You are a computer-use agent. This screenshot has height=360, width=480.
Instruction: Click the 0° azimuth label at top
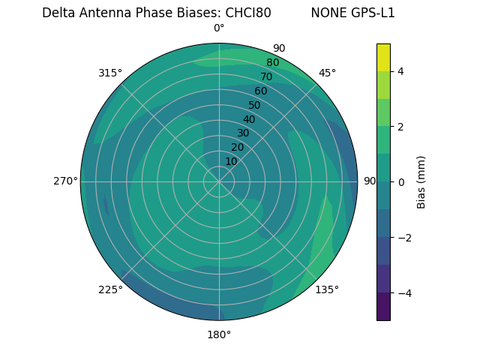[219, 28]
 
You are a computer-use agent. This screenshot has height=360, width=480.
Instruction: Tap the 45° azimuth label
[327, 73]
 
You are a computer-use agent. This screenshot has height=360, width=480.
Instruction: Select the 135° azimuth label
[327, 289]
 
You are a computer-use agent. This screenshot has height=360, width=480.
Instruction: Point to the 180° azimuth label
[219, 334]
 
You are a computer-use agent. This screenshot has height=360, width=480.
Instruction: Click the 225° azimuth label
[110, 289]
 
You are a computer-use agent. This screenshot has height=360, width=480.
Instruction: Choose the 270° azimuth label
[65, 181]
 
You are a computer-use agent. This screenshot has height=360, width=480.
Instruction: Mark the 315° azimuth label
[110, 73]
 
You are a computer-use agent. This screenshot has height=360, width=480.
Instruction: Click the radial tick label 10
[231, 161]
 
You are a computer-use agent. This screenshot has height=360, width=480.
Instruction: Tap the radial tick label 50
[255, 105]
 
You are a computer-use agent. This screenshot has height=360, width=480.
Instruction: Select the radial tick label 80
[272, 62]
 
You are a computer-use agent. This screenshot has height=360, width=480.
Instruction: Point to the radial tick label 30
[243, 133]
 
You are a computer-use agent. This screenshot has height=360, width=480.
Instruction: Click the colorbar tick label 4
[401, 71]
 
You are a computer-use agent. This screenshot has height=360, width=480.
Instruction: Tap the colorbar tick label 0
[401, 181]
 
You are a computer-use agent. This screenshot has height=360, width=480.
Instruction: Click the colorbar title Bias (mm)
[421, 181]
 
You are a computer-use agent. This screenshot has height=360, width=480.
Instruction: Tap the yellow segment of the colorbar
[383, 57]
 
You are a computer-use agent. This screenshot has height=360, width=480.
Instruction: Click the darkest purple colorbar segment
[383, 306]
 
